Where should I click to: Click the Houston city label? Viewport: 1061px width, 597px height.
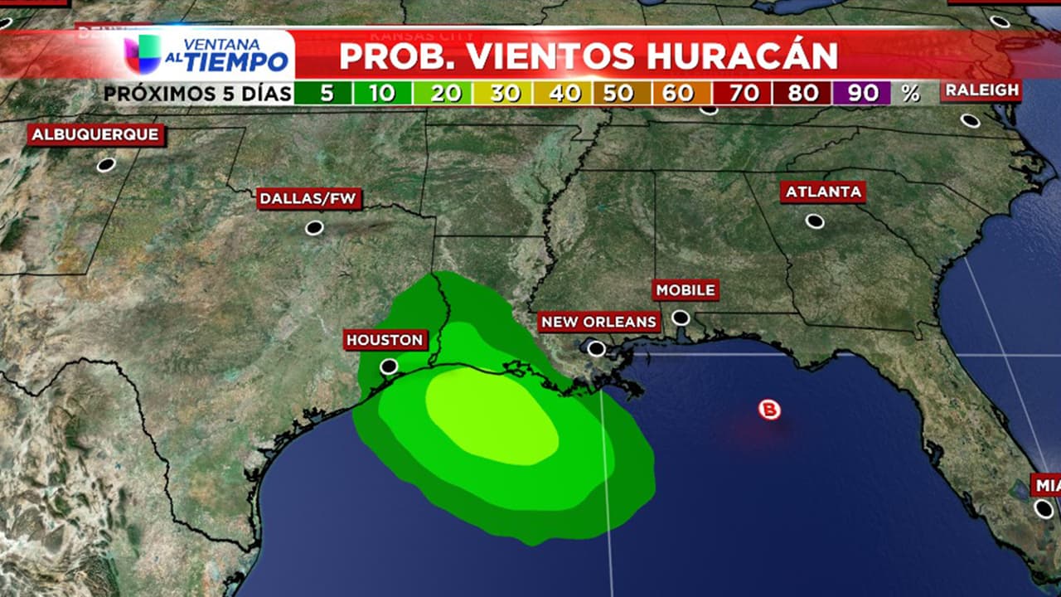point(385,340)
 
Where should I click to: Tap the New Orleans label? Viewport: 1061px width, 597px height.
point(598,322)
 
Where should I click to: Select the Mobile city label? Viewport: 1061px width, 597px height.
point(686,290)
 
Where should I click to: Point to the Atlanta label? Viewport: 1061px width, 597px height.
point(823,192)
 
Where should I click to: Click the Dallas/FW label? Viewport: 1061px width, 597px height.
point(309,198)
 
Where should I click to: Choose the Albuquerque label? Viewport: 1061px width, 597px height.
point(94,135)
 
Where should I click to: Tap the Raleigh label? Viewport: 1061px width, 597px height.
point(981,90)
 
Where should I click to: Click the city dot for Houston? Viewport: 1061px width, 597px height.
point(389,366)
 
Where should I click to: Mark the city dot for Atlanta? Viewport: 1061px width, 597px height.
point(815,221)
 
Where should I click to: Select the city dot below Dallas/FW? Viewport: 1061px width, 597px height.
point(313,227)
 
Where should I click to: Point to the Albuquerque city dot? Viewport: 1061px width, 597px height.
point(105,164)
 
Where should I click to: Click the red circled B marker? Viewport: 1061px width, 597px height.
point(770,409)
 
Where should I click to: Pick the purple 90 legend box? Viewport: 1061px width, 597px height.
point(862,93)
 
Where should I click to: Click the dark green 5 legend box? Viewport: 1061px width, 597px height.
point(324,93)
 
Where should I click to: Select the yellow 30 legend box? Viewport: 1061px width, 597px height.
point(503,93)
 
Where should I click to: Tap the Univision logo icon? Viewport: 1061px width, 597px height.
point(142,53)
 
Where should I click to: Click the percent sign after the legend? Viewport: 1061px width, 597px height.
point(910,93)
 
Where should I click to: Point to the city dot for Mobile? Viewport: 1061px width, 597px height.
point(681,318)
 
